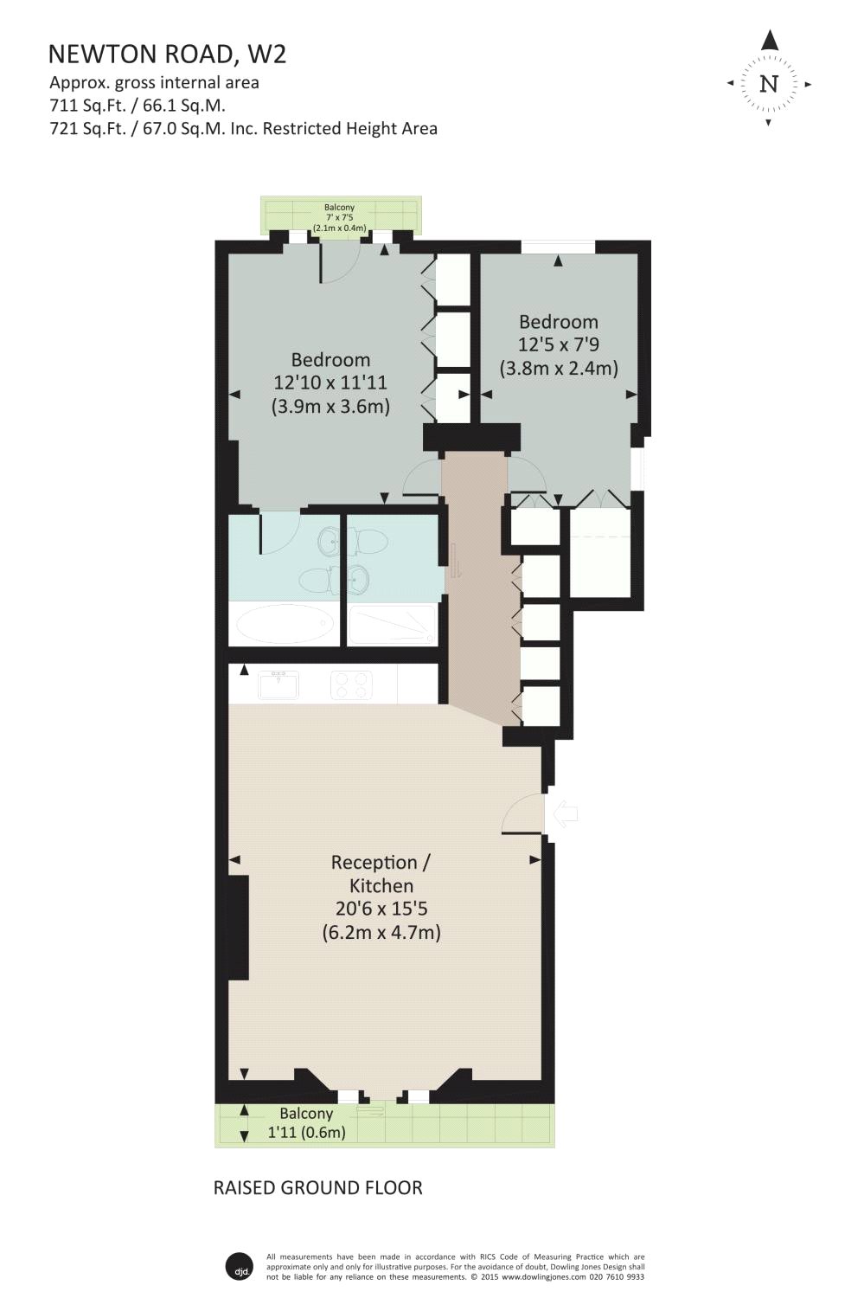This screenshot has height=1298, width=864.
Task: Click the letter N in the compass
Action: [769, 84]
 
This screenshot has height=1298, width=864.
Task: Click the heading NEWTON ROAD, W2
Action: [167, 55]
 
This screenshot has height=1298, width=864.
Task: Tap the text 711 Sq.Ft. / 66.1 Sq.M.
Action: [137, 106]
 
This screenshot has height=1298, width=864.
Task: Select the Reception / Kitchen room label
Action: [381, 874]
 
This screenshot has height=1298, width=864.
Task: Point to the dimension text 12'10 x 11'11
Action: [330, 382]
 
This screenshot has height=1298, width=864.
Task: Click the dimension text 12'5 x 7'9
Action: [559, 344]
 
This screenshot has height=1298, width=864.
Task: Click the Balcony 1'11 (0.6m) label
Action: [306, 1123]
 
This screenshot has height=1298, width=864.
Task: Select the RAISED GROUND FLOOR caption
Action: [318, 1187]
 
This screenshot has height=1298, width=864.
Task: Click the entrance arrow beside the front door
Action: [565, 813]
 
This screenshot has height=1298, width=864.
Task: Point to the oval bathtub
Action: [285, 623]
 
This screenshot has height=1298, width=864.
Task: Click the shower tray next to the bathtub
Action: [391, 623]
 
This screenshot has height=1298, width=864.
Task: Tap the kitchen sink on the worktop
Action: [278, 684]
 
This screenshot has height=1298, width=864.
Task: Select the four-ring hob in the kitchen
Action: [351, 684]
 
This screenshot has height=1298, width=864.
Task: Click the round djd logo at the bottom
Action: [239, 1266]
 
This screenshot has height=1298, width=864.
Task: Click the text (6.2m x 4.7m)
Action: [381, 933]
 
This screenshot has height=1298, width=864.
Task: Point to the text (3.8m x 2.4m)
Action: [559, 369]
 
